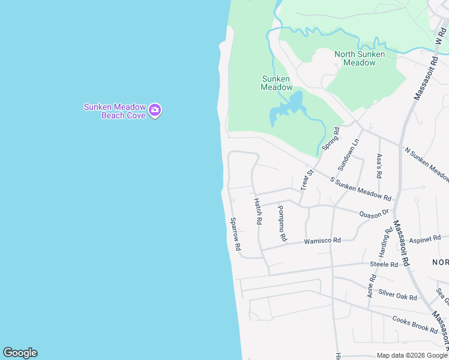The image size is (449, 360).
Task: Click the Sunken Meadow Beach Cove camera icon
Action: (155, 110)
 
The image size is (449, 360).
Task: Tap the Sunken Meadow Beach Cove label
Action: (115, 111)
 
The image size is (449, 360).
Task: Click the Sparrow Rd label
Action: (235, 234)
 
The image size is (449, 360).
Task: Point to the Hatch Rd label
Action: (258, 211)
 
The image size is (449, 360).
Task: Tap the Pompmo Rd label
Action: (282, 220)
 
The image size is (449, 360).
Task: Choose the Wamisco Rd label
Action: (322, 241)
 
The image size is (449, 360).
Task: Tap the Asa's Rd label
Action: (379, 166)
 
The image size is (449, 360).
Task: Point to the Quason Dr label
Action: (375, 214)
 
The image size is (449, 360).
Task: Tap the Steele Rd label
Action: (384, 264)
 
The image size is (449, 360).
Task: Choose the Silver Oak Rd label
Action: (397, 295)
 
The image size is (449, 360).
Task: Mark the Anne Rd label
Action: (373, 286)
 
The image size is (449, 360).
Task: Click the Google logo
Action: (20, 353)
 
